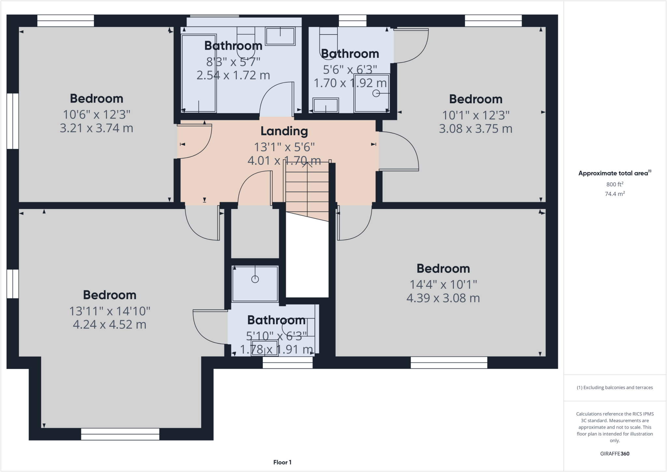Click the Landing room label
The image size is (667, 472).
click(284, 131)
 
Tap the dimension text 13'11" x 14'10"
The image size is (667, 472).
click(109, 311)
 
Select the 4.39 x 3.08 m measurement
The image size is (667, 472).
click(443, 298)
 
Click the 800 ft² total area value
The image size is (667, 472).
click(615, 184)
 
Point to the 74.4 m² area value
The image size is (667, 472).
click(615, 194)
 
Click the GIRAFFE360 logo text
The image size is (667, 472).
click(615, 453)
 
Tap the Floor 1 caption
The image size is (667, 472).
click(282, 462)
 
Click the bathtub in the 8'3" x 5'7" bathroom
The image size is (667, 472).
click(199, 73)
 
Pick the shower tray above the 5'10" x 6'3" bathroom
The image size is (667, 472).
click(255, 284)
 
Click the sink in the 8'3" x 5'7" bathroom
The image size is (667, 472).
click(280, 36)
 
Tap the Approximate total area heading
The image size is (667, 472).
click(614, 173)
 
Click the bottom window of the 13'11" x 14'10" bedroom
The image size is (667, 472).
click(120, 434)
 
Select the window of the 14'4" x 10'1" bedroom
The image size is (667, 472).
click(449, 363)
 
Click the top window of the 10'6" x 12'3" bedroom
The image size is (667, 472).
click(65, 21)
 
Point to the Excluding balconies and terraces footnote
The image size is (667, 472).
click(615, 388)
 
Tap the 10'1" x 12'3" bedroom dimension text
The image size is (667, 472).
click(475, 115)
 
